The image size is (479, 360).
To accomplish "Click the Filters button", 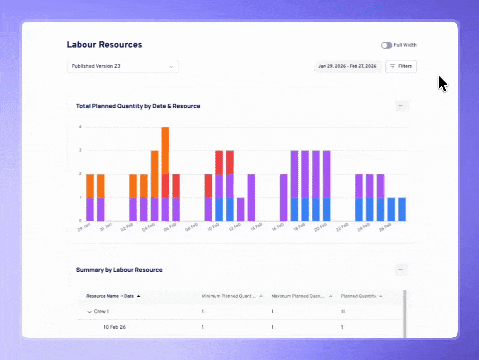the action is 401,66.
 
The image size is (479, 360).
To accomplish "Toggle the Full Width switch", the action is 386,45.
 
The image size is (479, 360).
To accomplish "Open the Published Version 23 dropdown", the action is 123,66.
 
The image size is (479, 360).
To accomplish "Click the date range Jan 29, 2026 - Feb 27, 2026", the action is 347,66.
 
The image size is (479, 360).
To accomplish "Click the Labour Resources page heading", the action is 105,45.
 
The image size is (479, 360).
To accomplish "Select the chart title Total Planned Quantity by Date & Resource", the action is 138,106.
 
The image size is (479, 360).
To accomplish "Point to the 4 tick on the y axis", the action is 80,127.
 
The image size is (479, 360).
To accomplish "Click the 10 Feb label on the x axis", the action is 213,227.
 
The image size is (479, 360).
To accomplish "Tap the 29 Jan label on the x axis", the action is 84,227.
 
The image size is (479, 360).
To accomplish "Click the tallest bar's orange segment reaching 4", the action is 165,150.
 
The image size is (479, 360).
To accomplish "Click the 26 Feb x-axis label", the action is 385,227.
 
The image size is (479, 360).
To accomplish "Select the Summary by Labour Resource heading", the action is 119,270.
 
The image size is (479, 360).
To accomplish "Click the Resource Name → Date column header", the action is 110,296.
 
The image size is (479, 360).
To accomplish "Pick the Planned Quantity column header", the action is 358,296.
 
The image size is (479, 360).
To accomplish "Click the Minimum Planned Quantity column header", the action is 229,296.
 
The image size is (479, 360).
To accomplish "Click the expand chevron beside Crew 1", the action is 89,312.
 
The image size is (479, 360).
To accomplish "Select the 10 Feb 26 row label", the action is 115,327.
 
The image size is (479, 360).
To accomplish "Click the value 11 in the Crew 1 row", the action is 343,311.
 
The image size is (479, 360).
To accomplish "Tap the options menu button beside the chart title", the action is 401,106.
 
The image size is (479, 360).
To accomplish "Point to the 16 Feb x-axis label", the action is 278,227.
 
